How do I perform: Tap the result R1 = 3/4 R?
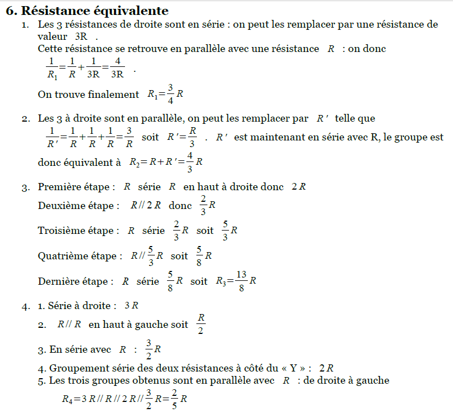click(165, 95)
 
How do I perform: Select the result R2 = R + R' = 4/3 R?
click(165, 163)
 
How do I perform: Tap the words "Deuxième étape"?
click(79, 206)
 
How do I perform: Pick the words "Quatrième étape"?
click(80, 256)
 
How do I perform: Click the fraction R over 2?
click(201, 325)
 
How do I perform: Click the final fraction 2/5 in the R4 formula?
click(174, 399)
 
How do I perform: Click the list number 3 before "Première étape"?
click(25, 187)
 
